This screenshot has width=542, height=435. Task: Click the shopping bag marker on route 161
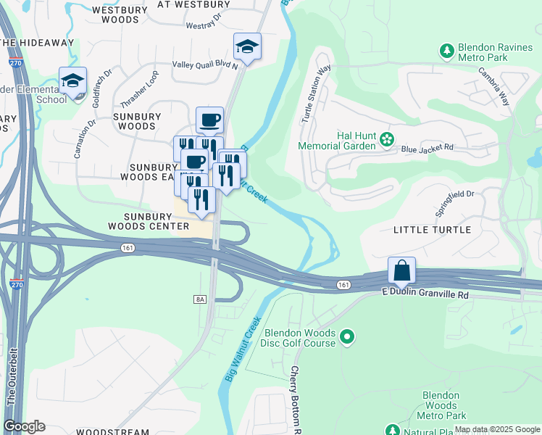pos(401,271)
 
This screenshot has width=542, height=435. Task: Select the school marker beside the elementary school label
pos(72,82)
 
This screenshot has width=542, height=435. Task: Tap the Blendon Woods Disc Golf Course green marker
pos(348,336)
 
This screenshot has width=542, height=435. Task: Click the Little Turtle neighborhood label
pos(432,230)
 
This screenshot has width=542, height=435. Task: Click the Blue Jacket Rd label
pos(427,147)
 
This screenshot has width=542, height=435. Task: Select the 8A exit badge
pos(201,299)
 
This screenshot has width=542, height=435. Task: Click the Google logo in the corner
pos(24,426)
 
